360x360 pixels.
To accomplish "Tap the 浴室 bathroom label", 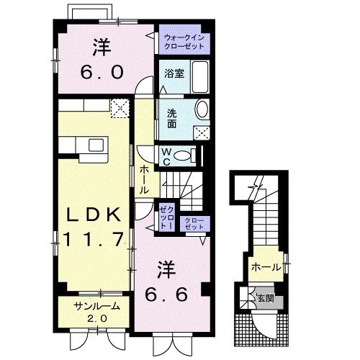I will coord(174,73).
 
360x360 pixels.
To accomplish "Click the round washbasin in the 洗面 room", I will coord(201,110).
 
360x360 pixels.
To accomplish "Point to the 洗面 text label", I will coord(173,118).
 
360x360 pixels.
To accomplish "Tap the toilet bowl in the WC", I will coord(186,154).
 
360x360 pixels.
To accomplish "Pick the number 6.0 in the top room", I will coord(101,71).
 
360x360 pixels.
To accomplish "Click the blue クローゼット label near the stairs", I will coord(194,224).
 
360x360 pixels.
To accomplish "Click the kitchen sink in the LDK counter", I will coord(95,145).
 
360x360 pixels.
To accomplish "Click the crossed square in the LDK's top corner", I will coord(120,109).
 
